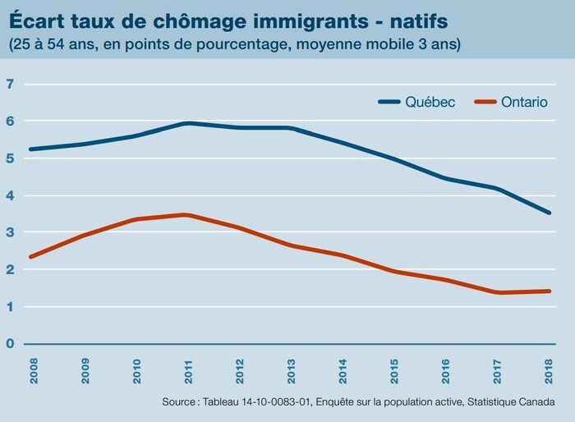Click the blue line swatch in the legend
pyautogui.click(x=389, y=102)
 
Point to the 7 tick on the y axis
pyautogui.click(x=10, y=84)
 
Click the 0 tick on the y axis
pyautogui.click(x=10, y=344)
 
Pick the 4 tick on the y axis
pyautogui.click(x=10, y=195)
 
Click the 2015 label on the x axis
pyautogui.click(x=393, y=369)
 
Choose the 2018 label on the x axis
pyautogui.click(x=549, y=369)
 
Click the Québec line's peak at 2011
pyautogui.click(x=187, y=123)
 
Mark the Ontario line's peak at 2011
pyautogui.click(x=187, y=215)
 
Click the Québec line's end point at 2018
pyautogui.click(x=549, y=213)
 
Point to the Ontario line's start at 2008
pyautogui.click(x=30, y=257)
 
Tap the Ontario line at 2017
pyautogui.click(x=497, y=292)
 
